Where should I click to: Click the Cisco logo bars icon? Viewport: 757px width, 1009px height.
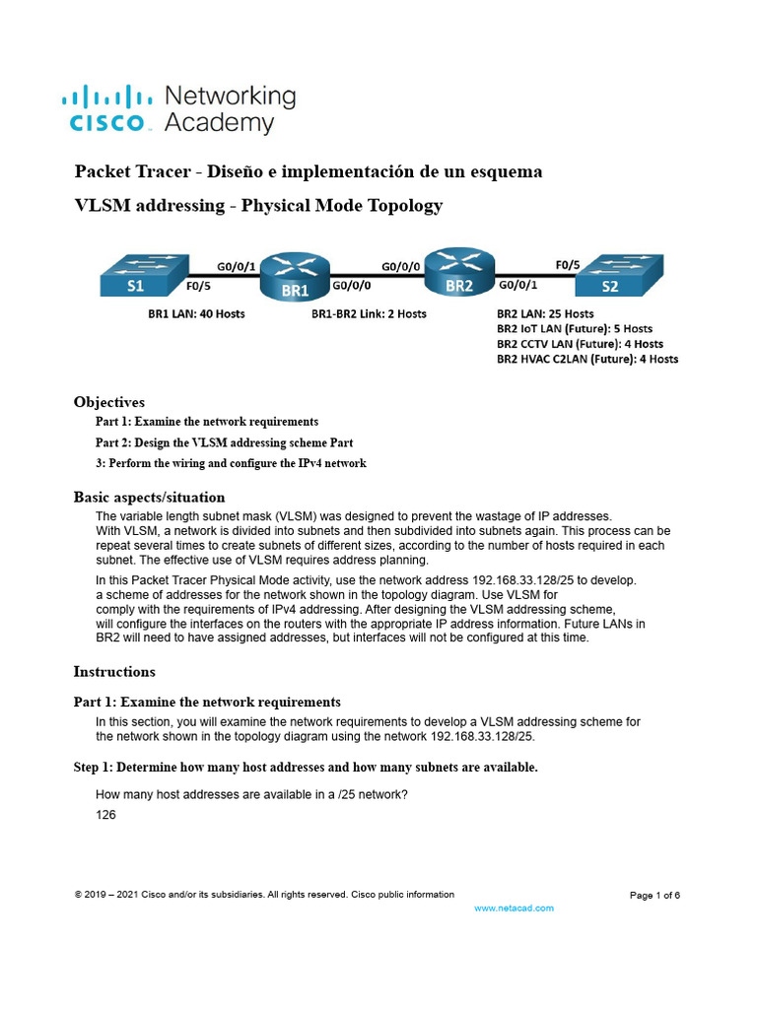click(x=107, y=97)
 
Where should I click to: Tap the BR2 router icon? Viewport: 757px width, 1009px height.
click(x=458, y=273)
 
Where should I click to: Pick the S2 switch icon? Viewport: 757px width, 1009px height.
click(x=619, y=277)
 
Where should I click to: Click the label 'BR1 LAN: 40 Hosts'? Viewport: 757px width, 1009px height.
click(x=189, y=313)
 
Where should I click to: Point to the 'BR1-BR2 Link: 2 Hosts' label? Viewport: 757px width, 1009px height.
click(x=369, y=313)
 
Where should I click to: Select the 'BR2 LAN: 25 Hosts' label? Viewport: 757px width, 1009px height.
click(x=545, y=313)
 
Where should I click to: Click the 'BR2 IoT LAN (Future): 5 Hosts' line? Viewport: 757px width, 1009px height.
click(x=575, y=328)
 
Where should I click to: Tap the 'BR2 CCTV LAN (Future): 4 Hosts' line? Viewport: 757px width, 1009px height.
click(x=580, y=344)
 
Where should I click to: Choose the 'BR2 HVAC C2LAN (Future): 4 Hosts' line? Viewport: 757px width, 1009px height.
click(x=587, y=360)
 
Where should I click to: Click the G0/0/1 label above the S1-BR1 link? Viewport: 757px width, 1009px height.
click(x=238, y=265)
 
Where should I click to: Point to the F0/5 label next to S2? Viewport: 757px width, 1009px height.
click(x=569, y=264)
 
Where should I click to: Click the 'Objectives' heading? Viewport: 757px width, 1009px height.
click(x=109, y=402)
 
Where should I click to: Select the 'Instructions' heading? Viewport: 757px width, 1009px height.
click(x=114, y=672)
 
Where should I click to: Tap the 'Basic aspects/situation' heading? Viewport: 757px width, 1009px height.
click(x=150, y=498)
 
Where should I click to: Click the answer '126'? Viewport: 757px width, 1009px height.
click(x=105, y=815)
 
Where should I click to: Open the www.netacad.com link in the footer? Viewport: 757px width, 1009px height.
click(x=515, y=908)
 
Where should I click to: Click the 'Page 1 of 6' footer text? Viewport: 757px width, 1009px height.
click(x=654, y=895)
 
